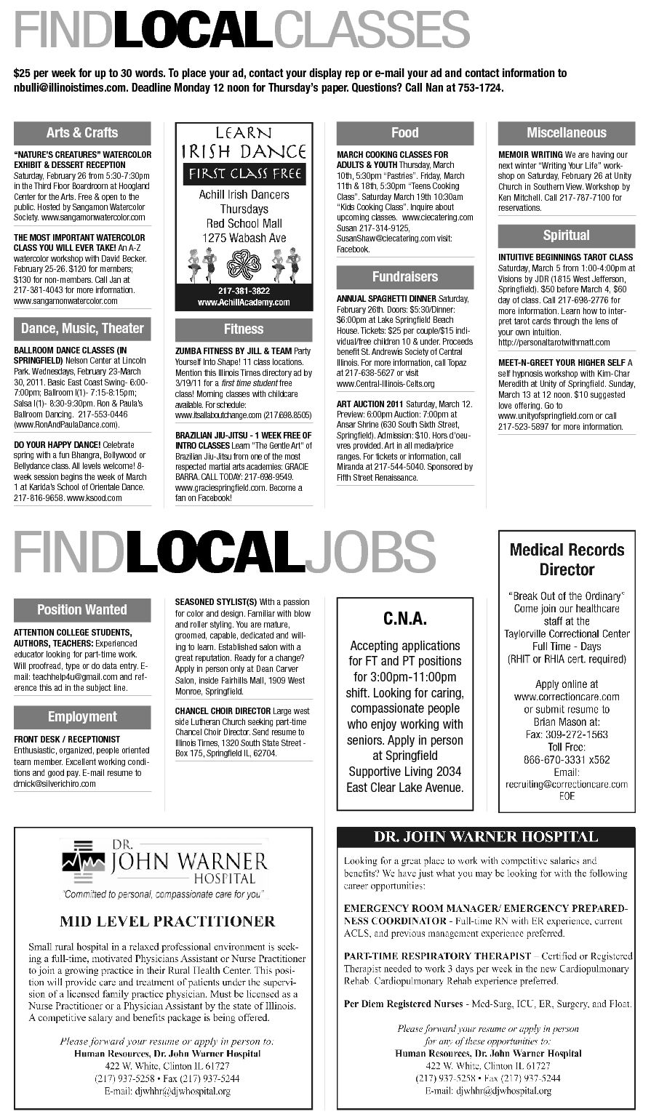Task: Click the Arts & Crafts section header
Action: (x=82, y=132)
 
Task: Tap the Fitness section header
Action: (x=244, y=329)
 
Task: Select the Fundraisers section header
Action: (x=404, y=276)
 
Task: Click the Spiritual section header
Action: (x=566, y=236)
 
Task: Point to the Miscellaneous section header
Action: (x=566, y=132)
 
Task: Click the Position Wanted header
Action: (x=82, y=609)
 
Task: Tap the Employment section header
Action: (x=82, y=716)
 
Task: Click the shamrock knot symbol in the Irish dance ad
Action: (x=244, y=265)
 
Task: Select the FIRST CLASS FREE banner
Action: (x=244, y=174)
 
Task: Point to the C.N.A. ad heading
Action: (x=404, y=619)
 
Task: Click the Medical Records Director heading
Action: (x=567, y=559)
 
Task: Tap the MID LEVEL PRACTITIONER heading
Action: (x=167, y=921)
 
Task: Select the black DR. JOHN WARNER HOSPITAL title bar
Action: (x=486, y=837)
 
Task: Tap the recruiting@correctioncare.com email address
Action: (x=567, y=784)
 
